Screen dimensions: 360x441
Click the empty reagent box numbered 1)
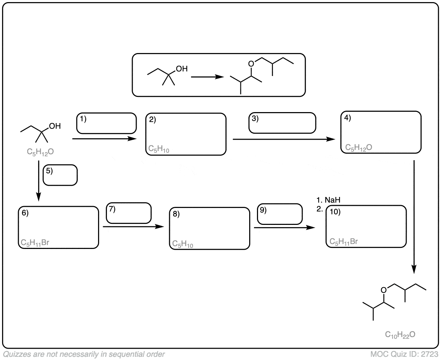click(x=107, y=123)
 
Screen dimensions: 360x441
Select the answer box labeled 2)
click(x=186, y=134)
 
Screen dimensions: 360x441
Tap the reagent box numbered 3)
click(x=282, y=123)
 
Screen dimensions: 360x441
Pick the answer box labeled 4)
click(x=381, y=132)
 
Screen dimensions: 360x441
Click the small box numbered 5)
click(x=60, y=175)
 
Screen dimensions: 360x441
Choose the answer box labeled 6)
click(x=58, y=227)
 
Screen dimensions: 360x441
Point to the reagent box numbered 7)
click(x=129, y=213)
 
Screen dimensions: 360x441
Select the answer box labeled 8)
click(x=210, y=228)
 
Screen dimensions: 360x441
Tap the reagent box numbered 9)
click(x=280, y=214)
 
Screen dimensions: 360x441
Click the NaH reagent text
click(x=332, y=200)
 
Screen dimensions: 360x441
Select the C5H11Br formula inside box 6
click(x=35, y=243)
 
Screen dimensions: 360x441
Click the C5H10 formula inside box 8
click(x=183, y=244)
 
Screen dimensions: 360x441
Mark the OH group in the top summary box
click(x=181, y=69)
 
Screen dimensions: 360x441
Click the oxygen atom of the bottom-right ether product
click(x=383, y=290)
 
